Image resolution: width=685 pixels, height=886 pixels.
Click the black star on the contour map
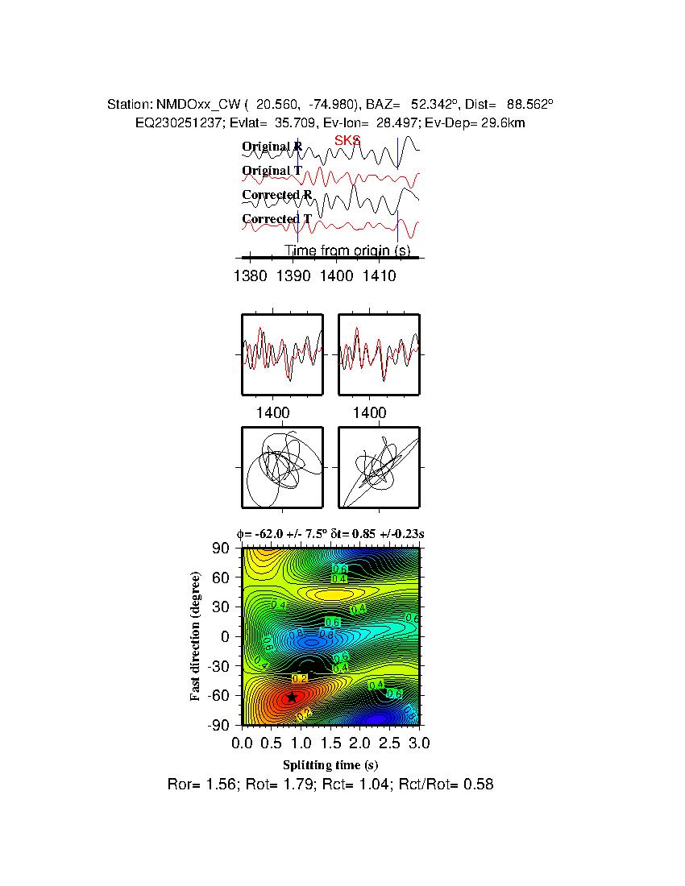tap(293, 697)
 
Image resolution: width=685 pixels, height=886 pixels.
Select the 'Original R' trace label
tap(272, 147)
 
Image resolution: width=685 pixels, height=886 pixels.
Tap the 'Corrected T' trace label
tap(276, 219)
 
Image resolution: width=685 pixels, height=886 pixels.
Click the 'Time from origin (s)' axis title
tap(347, 250)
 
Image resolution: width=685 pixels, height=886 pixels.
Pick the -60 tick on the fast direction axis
tap(219, 695)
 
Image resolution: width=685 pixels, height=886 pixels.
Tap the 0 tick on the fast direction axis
tap(227, 636)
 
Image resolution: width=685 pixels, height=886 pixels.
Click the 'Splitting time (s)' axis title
tap(330, 764)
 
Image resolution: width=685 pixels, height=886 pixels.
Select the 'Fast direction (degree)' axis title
tap(196, 636)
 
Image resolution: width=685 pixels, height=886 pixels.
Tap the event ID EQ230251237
tap(174, 122)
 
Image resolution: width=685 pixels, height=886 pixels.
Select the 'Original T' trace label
tap(272, 171)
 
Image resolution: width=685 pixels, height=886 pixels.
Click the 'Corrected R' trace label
tap(276, 195)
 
